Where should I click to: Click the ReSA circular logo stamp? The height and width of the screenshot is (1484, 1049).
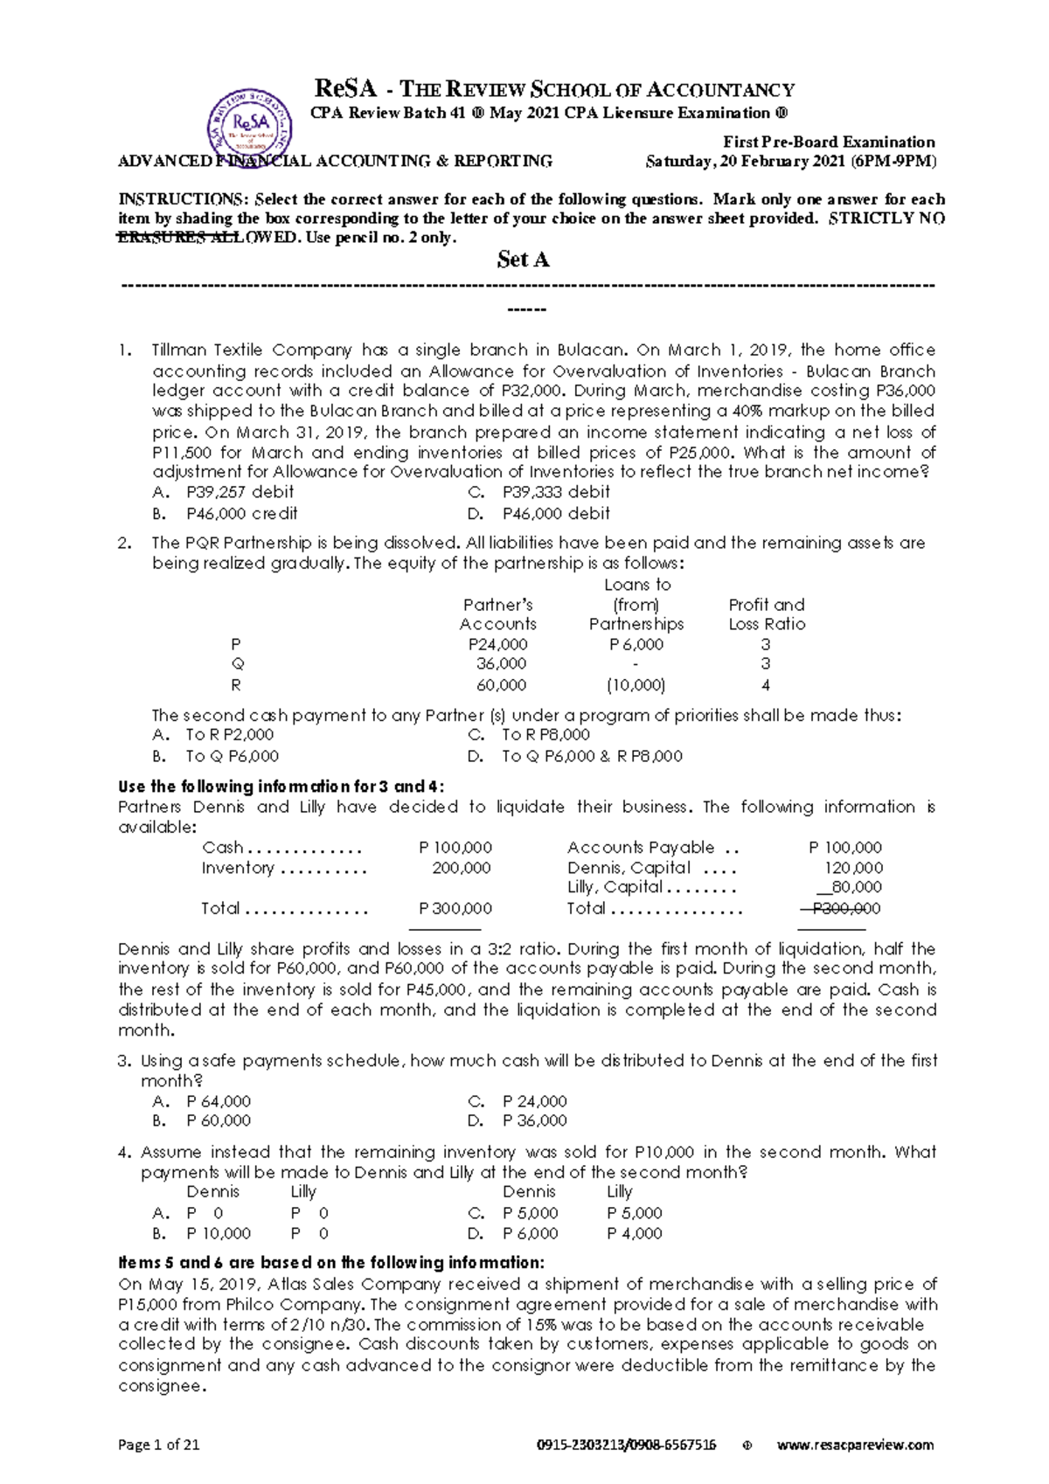[249, 131]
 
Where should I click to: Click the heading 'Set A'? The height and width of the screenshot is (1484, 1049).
[523, 260]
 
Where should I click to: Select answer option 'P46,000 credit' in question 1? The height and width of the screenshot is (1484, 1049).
[241, 514]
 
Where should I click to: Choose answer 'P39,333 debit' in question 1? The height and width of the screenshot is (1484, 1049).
[556, 492]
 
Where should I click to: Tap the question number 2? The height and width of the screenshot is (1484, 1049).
[125, 543]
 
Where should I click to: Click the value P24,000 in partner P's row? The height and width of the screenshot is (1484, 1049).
[497, 644]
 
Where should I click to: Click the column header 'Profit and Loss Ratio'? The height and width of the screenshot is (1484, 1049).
[767, 614]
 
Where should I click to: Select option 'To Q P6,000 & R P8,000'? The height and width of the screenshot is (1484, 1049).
[592, 757]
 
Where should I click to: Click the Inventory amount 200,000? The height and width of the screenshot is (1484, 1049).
[462, 868]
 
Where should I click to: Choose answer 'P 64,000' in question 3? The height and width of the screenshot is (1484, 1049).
[219, 1101]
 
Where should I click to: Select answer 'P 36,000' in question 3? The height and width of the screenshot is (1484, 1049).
[534, 1120]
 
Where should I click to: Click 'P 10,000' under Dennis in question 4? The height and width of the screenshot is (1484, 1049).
[219, 1234]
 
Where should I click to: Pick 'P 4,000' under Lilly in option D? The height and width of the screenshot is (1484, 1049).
[635, 1234]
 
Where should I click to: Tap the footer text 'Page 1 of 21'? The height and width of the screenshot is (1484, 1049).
[159, 1445]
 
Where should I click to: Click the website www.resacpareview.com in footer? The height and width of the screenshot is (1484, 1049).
[855, 1445]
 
